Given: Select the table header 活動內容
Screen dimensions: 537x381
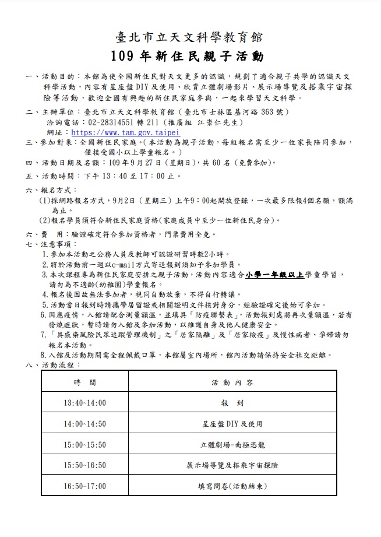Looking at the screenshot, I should pos(232,382).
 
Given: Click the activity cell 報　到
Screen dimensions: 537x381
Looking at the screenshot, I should pos(232,403).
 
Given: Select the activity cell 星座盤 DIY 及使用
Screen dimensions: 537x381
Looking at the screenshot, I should pos(232,424).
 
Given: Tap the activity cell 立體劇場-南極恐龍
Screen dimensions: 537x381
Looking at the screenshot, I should pos(232,444).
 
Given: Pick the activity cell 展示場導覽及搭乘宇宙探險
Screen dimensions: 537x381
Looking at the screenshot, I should pos(232,465).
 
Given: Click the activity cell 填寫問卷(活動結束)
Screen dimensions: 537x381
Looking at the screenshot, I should pos(232,485).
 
